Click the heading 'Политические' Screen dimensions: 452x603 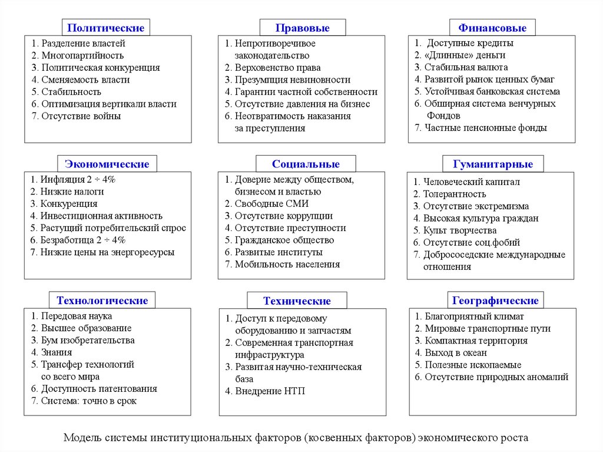tap(106, 28)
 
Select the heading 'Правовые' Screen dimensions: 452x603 tap(303, 28)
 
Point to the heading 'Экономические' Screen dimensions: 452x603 tap(107, 164)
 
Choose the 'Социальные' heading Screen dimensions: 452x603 tap(306, 164)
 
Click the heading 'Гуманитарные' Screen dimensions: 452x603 tap(493, 164)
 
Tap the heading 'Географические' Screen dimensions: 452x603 tap(495, 301)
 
